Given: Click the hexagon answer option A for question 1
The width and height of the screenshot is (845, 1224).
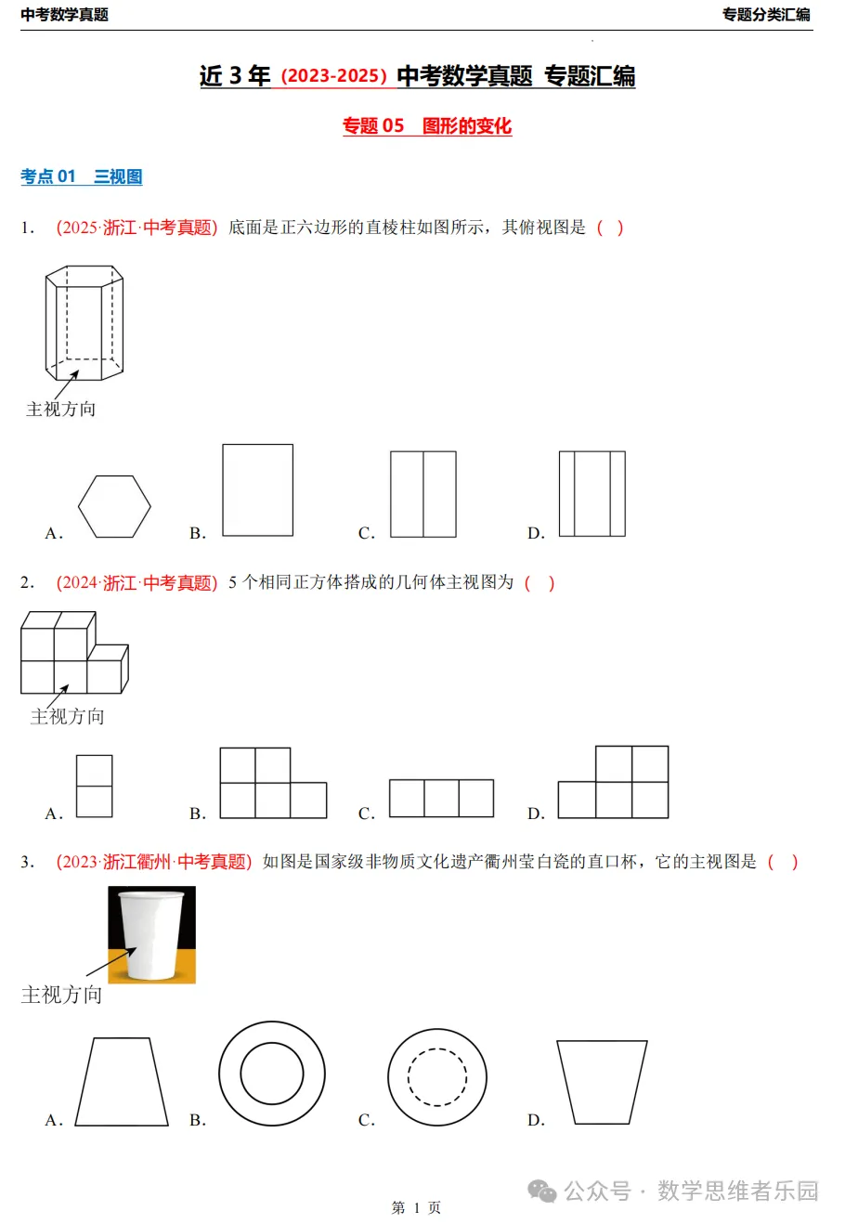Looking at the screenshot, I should (114, 507).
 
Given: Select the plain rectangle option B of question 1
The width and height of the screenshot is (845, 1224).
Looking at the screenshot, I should (257, 490).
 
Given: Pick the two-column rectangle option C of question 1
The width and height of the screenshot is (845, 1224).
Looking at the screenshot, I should (423, 494).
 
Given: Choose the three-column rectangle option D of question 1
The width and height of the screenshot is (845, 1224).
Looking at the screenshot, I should (591, 494).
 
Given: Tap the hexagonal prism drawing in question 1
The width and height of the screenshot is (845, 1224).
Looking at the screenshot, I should (84, 322).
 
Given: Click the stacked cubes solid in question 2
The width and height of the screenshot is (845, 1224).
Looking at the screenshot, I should (73, 653).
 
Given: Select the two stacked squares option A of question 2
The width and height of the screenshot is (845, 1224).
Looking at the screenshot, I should (94, 787).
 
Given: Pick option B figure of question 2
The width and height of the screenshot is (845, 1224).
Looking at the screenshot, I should (273, 784).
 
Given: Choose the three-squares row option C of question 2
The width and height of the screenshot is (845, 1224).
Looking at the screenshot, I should (441, 799).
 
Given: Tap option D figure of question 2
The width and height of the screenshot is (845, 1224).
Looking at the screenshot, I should (614, 783).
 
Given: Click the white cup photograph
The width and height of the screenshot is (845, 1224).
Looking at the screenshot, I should (151, 934).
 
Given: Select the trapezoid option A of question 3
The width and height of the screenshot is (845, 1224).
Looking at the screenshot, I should (122, 1082).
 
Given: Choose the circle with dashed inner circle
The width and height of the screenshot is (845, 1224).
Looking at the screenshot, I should (437, 1077).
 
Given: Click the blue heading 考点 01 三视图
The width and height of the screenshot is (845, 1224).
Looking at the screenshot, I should (82, 176).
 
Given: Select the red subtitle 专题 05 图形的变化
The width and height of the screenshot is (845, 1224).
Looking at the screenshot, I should (426, 126).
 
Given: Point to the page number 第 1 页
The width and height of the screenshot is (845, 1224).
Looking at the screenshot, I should (416, 1207).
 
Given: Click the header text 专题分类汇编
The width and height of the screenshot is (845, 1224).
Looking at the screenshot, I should (766, 15).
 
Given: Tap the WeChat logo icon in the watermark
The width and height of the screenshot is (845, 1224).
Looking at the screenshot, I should (542, 1191).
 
